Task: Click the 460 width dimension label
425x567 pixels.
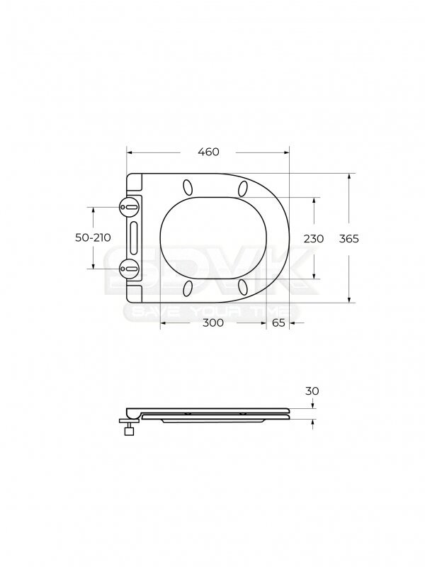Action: pyautogui.click(x=208, y=152)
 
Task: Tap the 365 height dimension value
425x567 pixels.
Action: pyautogui.click(x=348, y=239)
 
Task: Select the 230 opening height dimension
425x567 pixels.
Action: pyautogui.click(x=313, y=239)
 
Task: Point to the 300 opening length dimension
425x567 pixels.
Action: pyautogui.click(x=213, y=322)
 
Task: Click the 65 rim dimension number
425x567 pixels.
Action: pyautogui.click(x=278, y=322)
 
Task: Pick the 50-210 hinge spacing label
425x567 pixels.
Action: pyautogui.click(x=93, y=237)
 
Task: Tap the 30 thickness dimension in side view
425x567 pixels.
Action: pyautogui.click(x=312, y=391)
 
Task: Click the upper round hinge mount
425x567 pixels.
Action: pyautogui.click(x=129, y=207)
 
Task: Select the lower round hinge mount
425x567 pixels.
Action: pyautogui.click(x=129, y=269)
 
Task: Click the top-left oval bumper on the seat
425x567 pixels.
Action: pyautogui.click(x=188, y=187)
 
